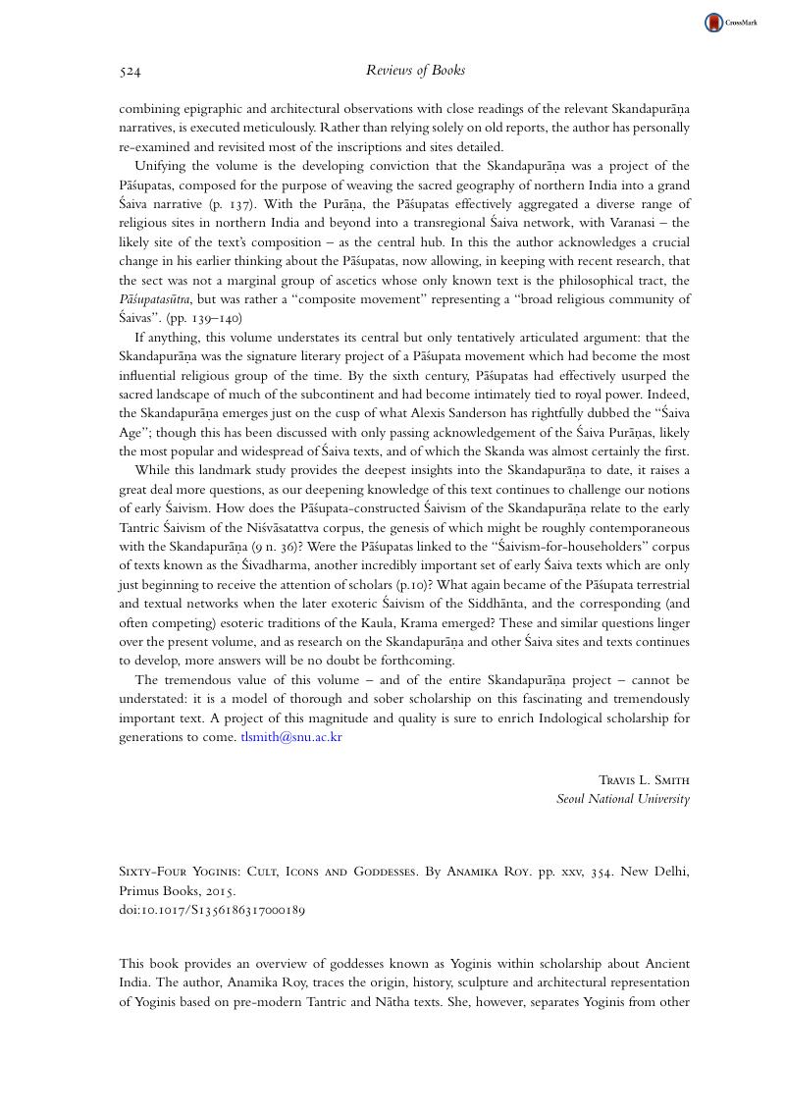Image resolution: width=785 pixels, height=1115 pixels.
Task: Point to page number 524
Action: [130, 71]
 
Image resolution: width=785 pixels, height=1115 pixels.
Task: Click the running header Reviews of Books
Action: [415, 71]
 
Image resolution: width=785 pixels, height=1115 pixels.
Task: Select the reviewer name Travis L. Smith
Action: [644, 780]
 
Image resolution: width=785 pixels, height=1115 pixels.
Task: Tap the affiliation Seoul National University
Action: [623, 799]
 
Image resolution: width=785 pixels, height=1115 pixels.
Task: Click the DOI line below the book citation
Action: [212, 910]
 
